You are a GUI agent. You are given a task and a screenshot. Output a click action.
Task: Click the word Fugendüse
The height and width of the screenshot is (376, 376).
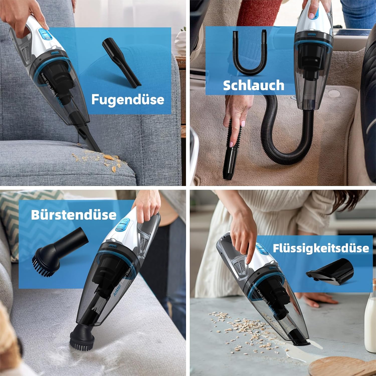pyautogui.click(x=128, y=100)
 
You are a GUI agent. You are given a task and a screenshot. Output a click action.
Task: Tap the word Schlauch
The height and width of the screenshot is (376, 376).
pyautogui.click(x=253, y=85)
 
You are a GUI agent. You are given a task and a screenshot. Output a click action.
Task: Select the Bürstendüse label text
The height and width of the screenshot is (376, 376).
pyautogui.click(x=74, y=215)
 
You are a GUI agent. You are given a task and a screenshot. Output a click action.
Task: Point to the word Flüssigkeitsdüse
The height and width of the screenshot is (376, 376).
pyautogui.click(x=321, y=248)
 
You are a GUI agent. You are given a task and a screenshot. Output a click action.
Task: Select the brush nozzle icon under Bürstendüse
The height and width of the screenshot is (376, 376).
pyautogui.click(x=58, y=253)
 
